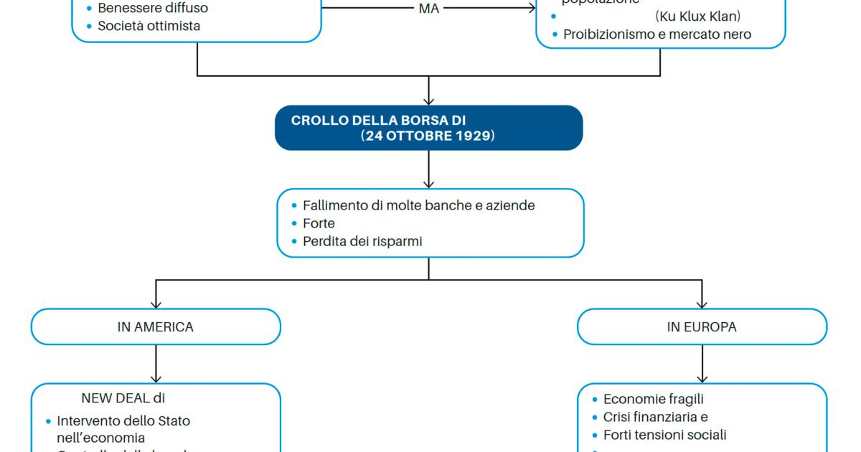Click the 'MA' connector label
coord(428,9)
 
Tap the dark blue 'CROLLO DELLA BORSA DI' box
coord(428,128)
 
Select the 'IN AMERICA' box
coord(156,327)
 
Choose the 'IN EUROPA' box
coord(702,327)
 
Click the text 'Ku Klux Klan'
coord(697,16)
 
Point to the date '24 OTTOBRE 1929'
coord(428,136)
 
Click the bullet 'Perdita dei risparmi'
coord(362,242)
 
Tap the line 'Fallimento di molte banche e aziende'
coord(418,205)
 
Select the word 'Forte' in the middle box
coord(319,224)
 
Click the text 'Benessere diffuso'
coord(153,9)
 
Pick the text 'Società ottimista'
coord(149,27)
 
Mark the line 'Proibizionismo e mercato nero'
coord(657,34)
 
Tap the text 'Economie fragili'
coord(653,399)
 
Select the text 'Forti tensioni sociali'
coord(664,435)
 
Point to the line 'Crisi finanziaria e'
coord(656,417)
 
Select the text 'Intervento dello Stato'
coord(123,421)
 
